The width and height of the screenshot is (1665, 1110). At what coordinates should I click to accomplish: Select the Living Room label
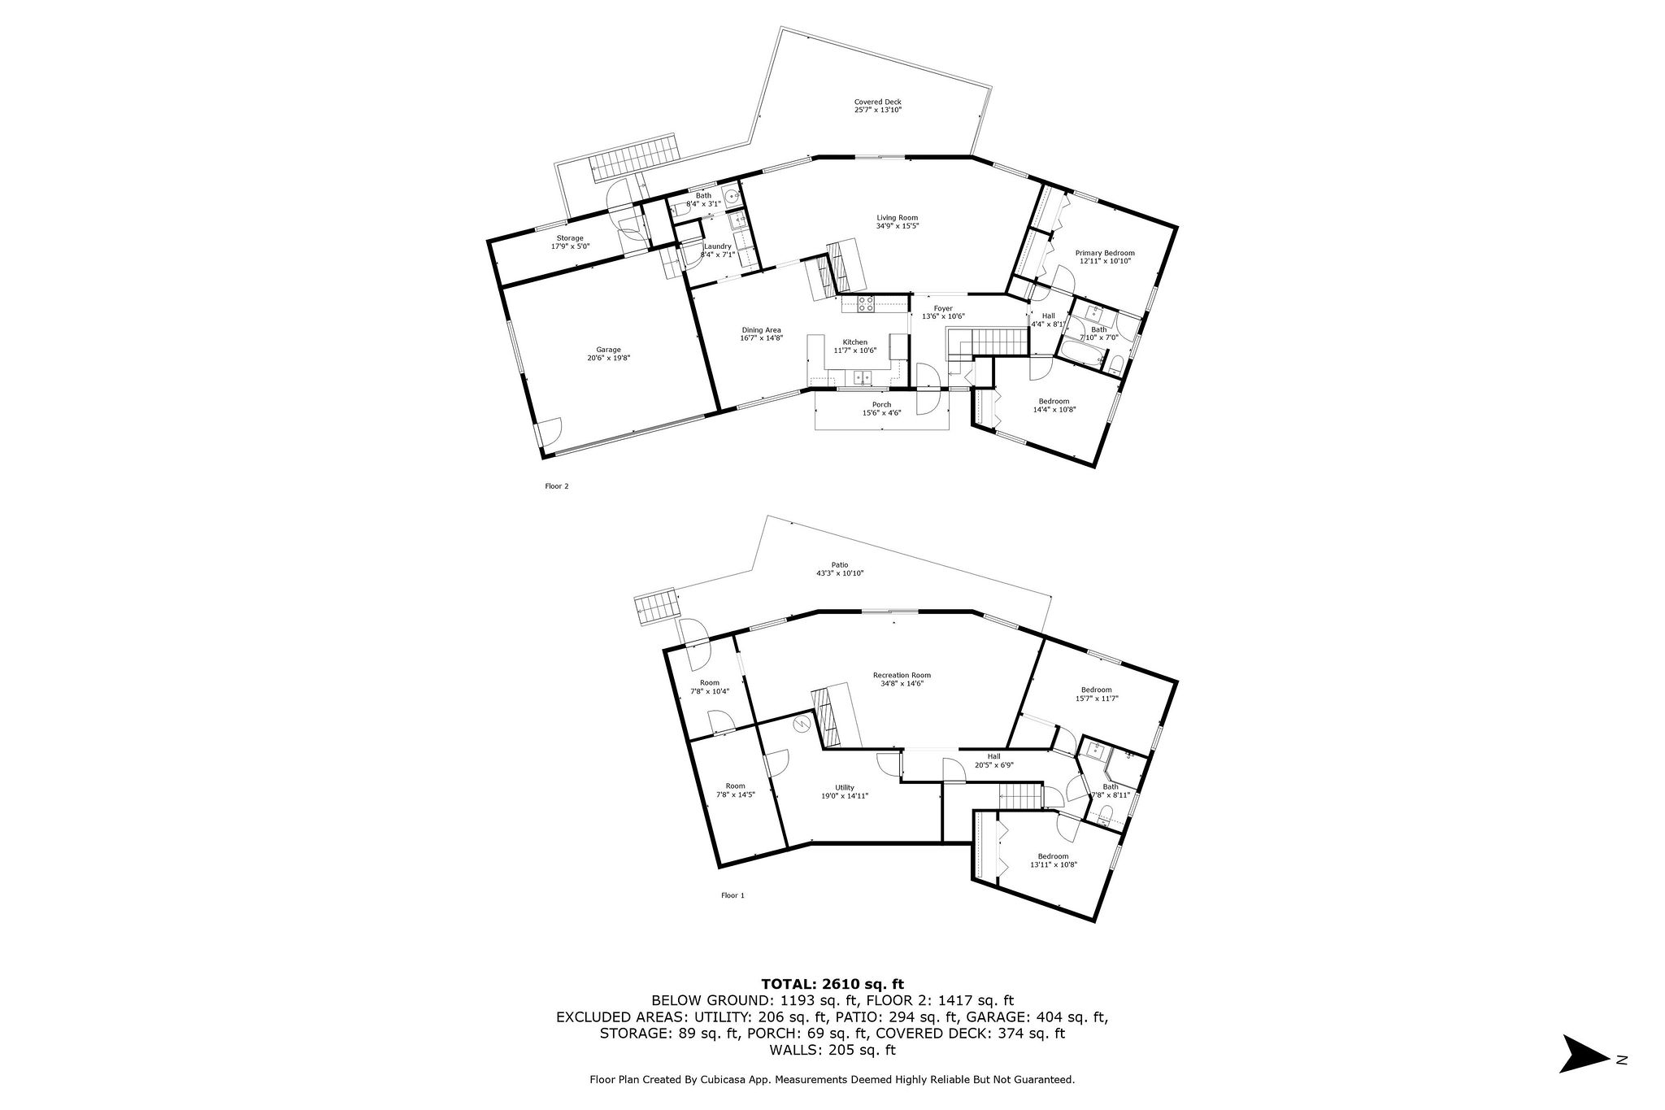coord(897,218)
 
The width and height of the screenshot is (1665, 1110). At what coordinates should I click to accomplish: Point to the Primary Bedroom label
coord(1104,253)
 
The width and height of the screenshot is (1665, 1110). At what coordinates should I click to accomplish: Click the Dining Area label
coord(761,330)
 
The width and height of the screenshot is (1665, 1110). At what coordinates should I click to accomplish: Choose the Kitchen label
coord(854,342)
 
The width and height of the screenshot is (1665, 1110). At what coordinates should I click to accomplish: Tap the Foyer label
coord(942,309)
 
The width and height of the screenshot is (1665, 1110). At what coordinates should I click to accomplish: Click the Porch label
coord(881,405)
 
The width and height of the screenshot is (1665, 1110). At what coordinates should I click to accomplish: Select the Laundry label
coord(717,246)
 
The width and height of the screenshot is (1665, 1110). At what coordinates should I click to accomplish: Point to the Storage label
coord(569,238)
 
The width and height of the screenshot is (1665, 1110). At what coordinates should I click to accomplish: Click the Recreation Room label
coord(902,675)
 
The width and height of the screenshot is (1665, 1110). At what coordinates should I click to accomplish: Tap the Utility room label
coord(844,788)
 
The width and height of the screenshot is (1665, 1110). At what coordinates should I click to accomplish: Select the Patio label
coord(839,565)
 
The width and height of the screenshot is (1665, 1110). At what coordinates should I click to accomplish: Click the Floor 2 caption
coord(556,486)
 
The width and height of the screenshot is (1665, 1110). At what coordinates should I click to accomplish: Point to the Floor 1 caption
coord(733,895)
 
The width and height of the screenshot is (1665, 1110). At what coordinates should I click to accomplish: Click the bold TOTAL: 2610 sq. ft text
coord(832,983)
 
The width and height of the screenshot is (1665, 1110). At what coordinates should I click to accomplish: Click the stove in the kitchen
coord(866,304)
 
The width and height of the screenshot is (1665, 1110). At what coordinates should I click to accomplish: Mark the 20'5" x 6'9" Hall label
coord(993,756)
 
